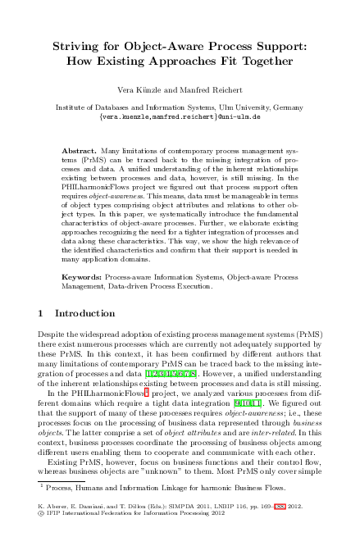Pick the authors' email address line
[180, 116]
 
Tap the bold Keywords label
[84, 279]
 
